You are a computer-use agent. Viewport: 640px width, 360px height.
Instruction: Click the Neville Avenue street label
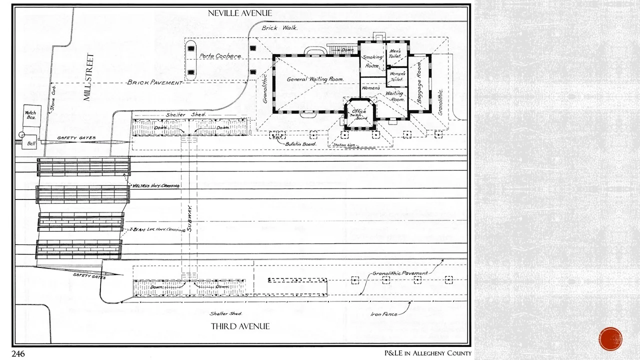pyautogui.click(x=240, y=13)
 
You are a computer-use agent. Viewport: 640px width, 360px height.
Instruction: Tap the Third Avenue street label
pyautogui.click(x=240, y=326)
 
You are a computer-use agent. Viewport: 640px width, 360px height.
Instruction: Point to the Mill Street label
pyautogui.click(x=88, y=77)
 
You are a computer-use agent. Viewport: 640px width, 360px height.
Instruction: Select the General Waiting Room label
pyautogui.click(x=315, y=79)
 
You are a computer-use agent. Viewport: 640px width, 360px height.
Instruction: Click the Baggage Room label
pyautogui.click(x=419, y=83)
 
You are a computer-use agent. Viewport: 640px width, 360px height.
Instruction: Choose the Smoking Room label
pyautogui.click(x=372, y=61)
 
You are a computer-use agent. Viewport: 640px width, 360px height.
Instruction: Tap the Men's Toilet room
pyautogui.click(x=395, y=54)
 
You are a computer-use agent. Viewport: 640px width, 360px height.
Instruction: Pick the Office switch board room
pyautogui.click(x=359, y=114)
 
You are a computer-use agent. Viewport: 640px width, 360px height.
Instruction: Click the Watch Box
pyautogui.click(x=30, y=115)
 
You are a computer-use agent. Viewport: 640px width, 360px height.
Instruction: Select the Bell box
pyautogui.click(x=31, y=143)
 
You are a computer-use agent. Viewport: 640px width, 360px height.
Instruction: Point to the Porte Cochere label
pyautogui.click(x=220, y=56)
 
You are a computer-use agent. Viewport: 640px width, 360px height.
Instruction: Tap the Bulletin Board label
pyautogui.click(x=300, y=144)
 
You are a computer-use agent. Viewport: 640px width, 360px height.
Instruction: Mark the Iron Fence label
pyautogui.click(x=384, y=314)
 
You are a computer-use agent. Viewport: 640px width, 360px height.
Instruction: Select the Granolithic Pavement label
pyautogui.click(x=399, y=273)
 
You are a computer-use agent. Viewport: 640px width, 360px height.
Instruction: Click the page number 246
pyautogui.click(x=18, y=354)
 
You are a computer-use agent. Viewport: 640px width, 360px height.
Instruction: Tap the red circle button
pyautogui.click(x=610, y=339)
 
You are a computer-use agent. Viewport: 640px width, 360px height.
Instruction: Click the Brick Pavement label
pyautogui.click(x=154, y=82)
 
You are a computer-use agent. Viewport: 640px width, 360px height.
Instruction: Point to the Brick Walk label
pyautogui.click(x=279, y=28)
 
